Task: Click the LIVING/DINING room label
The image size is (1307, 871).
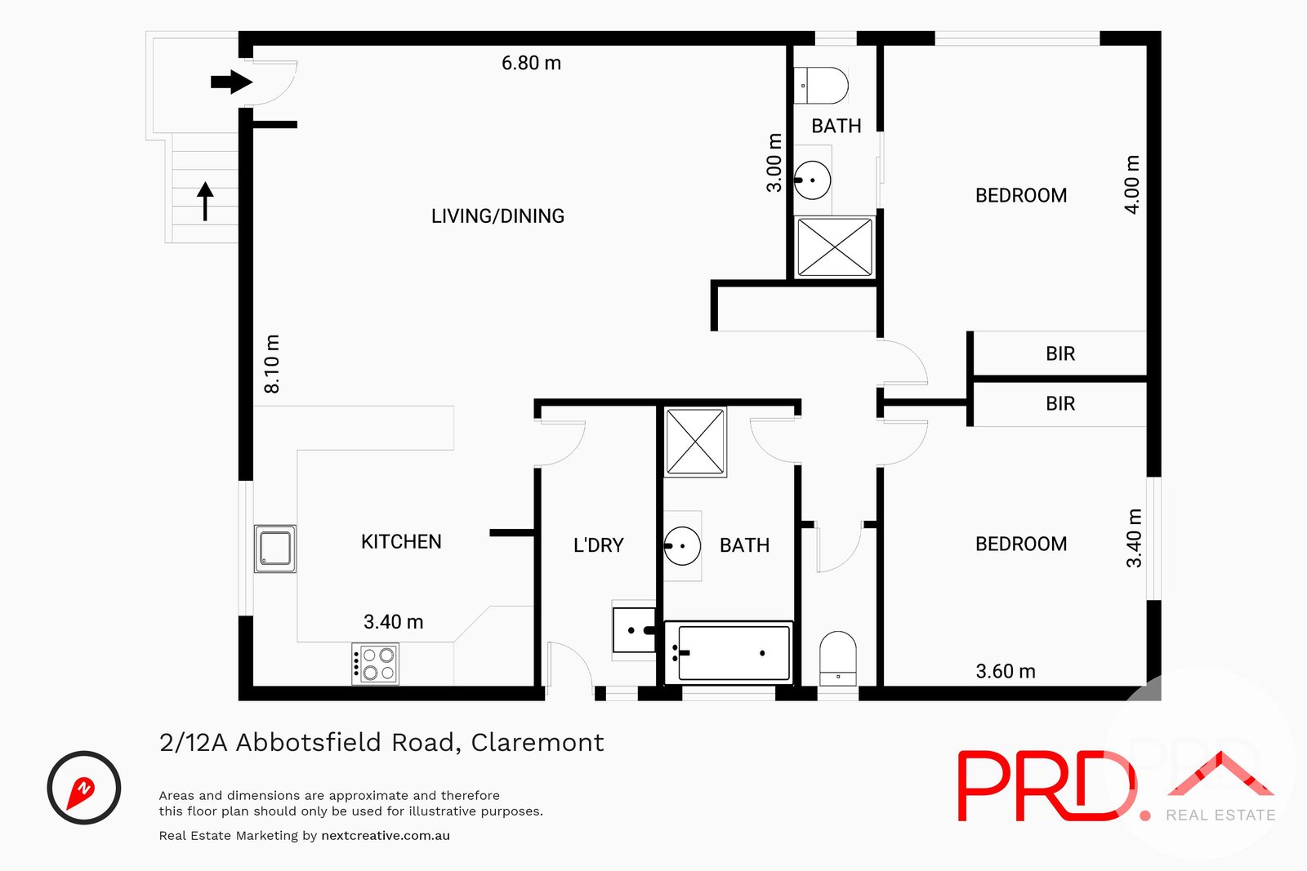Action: click(497, 216)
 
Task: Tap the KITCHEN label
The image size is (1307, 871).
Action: click(401, 542)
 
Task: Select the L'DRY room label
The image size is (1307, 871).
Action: click(598, 545)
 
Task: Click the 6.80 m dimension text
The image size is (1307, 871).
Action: click(531, 64)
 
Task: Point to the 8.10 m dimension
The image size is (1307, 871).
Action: click(272, 364)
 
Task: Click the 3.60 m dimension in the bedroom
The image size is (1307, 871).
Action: click(1006, 672)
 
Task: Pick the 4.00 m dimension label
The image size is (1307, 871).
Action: click(1132, 184)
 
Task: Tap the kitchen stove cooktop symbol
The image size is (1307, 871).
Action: click(376, 664)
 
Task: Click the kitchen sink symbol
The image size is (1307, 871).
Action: click(274, 549)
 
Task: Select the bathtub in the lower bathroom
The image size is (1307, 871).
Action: click(729, 652)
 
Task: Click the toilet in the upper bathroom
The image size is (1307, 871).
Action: click(822, 86)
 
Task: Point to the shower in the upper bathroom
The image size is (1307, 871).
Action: click(835, 247)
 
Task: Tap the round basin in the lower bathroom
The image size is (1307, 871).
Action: click(682, 546)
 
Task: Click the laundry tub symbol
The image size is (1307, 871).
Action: click(634, 629)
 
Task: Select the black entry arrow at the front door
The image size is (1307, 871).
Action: click(231, 82)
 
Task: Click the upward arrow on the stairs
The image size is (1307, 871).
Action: click(205, 201)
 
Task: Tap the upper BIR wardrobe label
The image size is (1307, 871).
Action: click(1060, 354)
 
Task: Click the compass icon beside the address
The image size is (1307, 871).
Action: click(84, 788)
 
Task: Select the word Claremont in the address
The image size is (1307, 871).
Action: click(538, 743)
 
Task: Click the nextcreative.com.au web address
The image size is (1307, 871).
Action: click(386, 836)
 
